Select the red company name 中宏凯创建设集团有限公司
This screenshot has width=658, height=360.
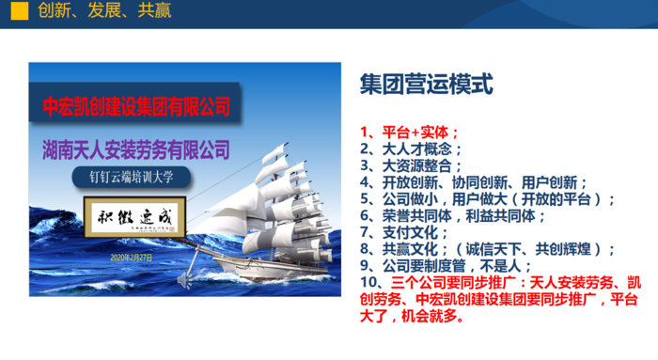[x=137, y=105]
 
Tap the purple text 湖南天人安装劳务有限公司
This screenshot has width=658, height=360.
[x=137, y=149]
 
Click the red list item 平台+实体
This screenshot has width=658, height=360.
[x=410, y=132]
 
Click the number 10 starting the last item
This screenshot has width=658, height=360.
[x=368, y=283]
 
